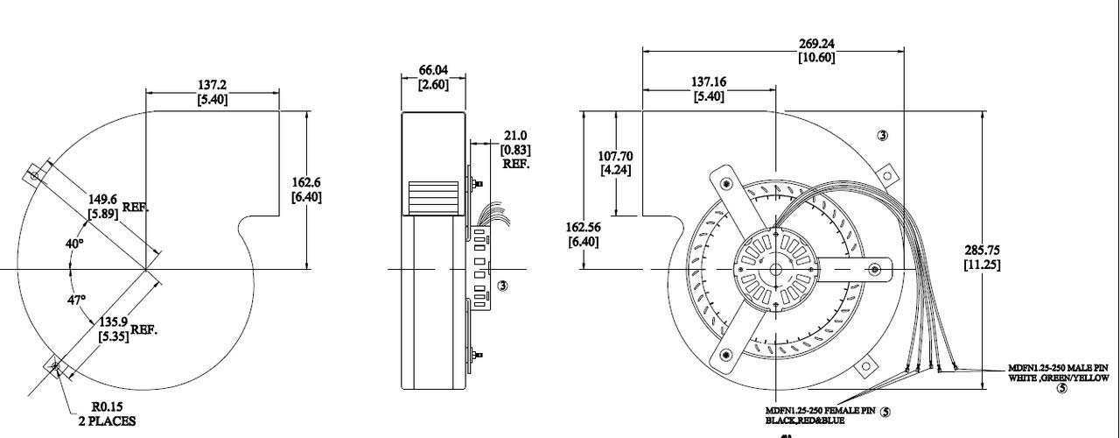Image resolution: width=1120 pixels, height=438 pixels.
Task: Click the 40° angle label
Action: (74, 243)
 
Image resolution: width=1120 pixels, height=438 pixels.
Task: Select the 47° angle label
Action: (77, 300)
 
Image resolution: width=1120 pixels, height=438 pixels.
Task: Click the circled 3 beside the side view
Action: (502, 286)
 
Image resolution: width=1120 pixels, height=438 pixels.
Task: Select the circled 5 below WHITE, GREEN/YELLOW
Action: (1061, 389)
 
